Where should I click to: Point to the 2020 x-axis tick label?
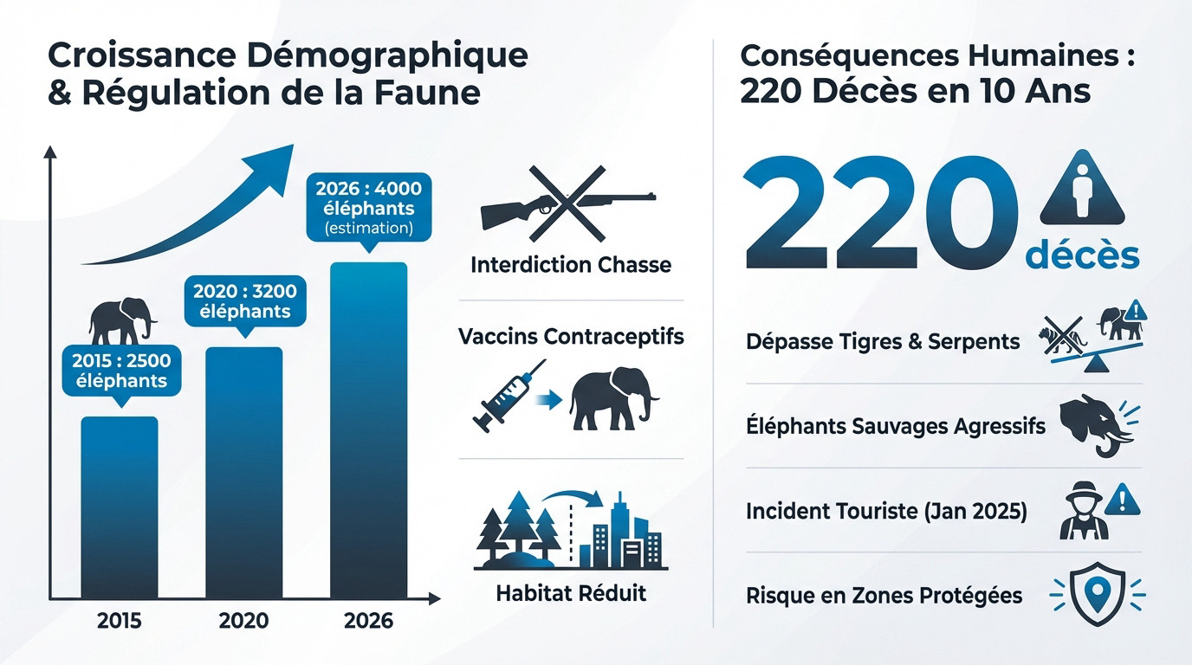[243, 621]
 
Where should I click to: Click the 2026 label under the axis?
[368, 621]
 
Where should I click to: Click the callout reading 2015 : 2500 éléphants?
[121, 370]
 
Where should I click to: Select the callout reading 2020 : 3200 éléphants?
[244, 300]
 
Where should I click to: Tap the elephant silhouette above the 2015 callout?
[122, 320]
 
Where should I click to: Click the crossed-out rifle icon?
[567, 205]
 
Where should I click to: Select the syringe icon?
[508, 395]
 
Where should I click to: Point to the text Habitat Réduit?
[571, 594]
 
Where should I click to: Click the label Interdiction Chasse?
[571, 265]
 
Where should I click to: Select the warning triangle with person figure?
[1082, 190]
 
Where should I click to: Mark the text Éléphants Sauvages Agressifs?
[895, 426]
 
